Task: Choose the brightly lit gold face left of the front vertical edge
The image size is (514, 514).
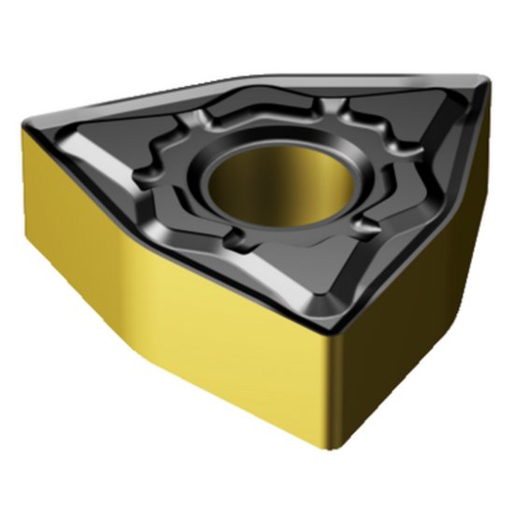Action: coord(234,346)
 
